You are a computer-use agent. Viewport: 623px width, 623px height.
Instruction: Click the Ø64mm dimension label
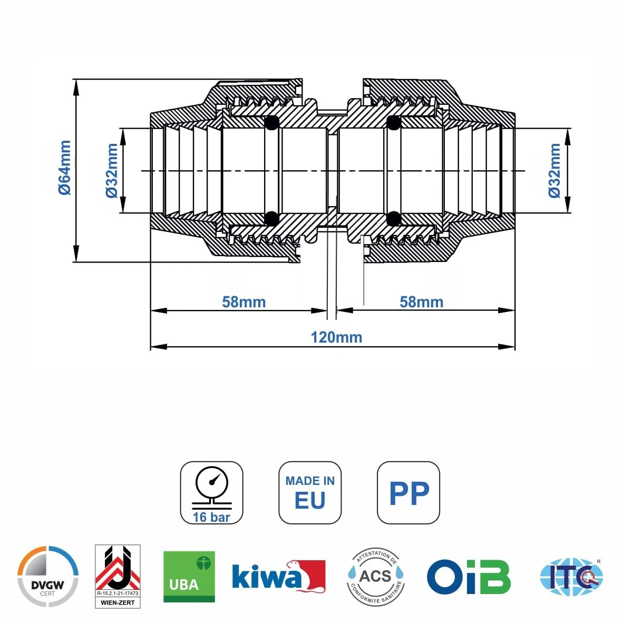(64, 168)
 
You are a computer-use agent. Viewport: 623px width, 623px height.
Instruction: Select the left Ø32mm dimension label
(112, 171)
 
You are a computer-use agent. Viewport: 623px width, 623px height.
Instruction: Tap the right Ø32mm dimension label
(554, 171)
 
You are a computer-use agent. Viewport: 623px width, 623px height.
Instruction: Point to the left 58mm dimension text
(244, 302)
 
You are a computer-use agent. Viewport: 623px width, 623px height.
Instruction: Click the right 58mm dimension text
(421, 302)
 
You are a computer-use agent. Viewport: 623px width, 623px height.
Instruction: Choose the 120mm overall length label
(336, 337)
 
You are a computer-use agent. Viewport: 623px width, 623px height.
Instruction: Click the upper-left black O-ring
(272, 123)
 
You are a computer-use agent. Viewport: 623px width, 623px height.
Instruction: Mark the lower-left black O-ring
(272, 219)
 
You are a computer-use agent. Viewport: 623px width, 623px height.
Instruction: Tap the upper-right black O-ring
(393, 123)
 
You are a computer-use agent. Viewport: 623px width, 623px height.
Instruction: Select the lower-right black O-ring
(393, 219)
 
